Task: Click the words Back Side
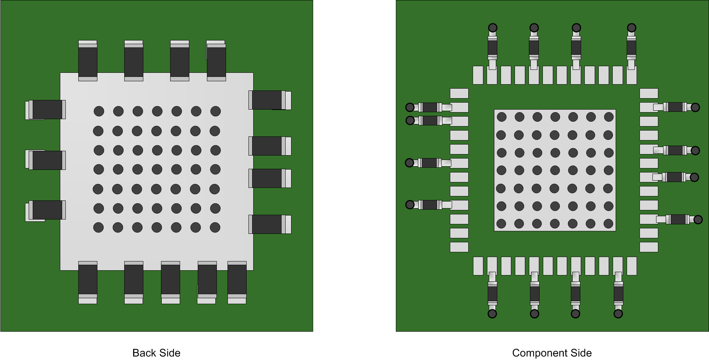pos(156,353)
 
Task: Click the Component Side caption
pos(552,353)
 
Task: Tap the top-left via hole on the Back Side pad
pos(99,111)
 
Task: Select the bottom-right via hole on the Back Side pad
pos(215,228)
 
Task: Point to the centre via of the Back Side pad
pos(157,170)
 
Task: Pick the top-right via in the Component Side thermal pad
pos(609,117)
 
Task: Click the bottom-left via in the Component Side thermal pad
pos(501,224)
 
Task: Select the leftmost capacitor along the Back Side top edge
pos(88,61)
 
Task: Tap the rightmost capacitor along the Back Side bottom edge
pos(237,282)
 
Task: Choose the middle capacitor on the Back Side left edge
pos(46,160)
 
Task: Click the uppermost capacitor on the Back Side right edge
pos(270,100)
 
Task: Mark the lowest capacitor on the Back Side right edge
pos(270,224)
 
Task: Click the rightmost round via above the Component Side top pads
pos(631,28)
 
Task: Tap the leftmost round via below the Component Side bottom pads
pos(492,314)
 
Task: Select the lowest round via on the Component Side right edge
pos(698,220)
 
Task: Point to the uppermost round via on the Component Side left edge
pos(410,107)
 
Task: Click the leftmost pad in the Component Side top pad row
pos(478,75)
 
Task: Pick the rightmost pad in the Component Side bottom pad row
pos(632,266)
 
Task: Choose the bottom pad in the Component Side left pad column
pos(459,247)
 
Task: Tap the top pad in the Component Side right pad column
pos(649,93)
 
